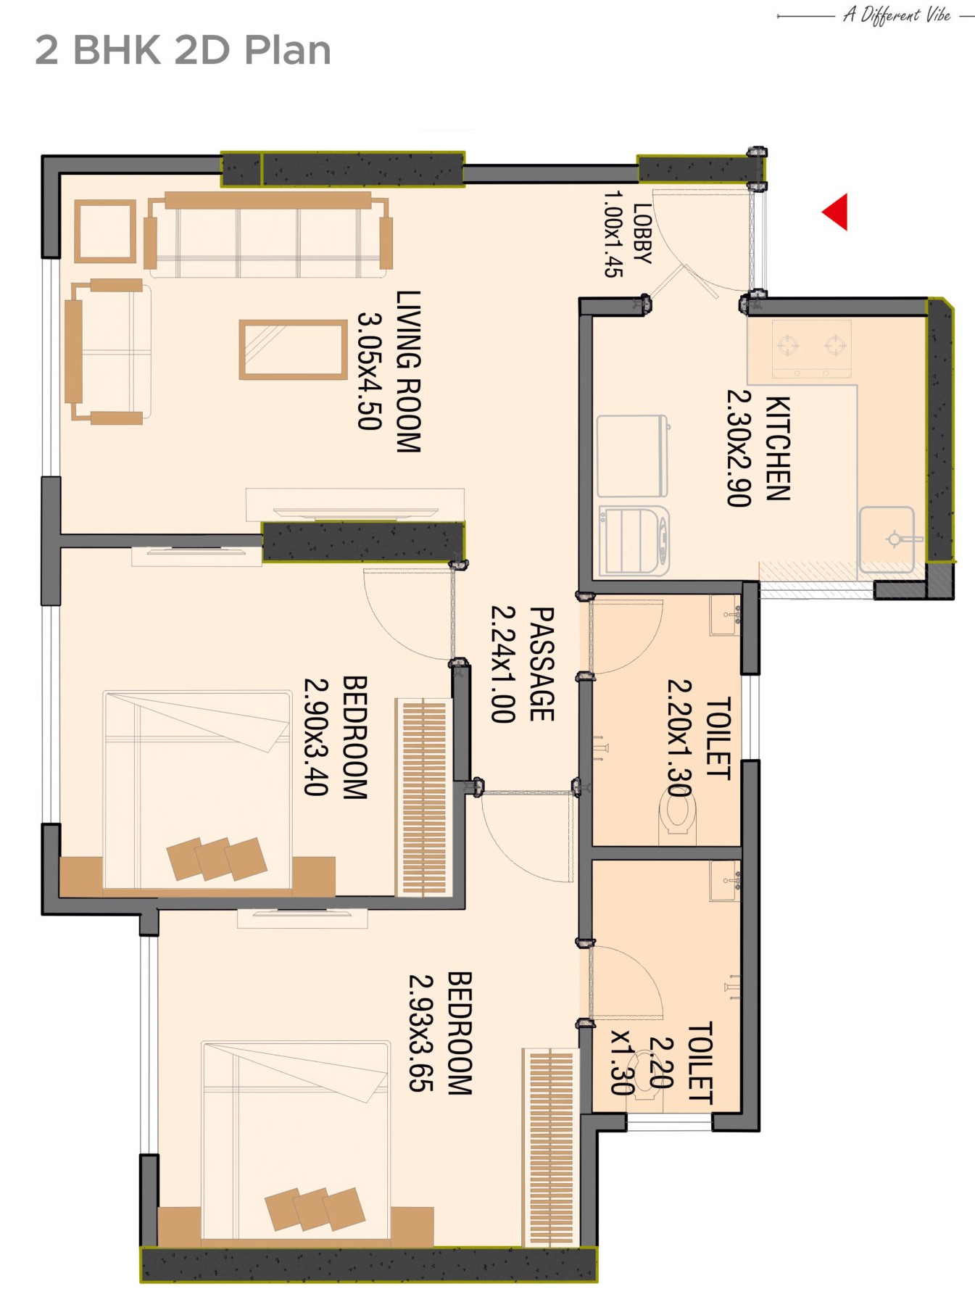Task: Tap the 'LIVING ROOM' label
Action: tap(408, 371)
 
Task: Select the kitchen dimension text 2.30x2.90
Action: tap(739, 448)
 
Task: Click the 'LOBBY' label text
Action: tap(642, 233)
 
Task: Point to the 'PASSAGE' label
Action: tap(542, 664)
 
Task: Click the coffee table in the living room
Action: tap(294, 349)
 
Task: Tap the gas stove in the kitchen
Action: tap(811, 349)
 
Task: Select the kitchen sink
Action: tap(887, 539)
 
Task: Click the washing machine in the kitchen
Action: tap(634, 541)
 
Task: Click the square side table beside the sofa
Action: tap(105, 231)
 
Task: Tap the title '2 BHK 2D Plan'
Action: tap(183, 50)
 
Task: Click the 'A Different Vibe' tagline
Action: tap(897, 14)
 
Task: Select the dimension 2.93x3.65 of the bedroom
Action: tap(421, 1032)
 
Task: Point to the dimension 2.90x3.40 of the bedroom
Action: tap(316, 737)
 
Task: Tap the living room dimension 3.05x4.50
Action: tap(369, 371)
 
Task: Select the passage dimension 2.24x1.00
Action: tap(502, 664)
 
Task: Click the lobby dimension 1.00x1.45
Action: tap(613, 233)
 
